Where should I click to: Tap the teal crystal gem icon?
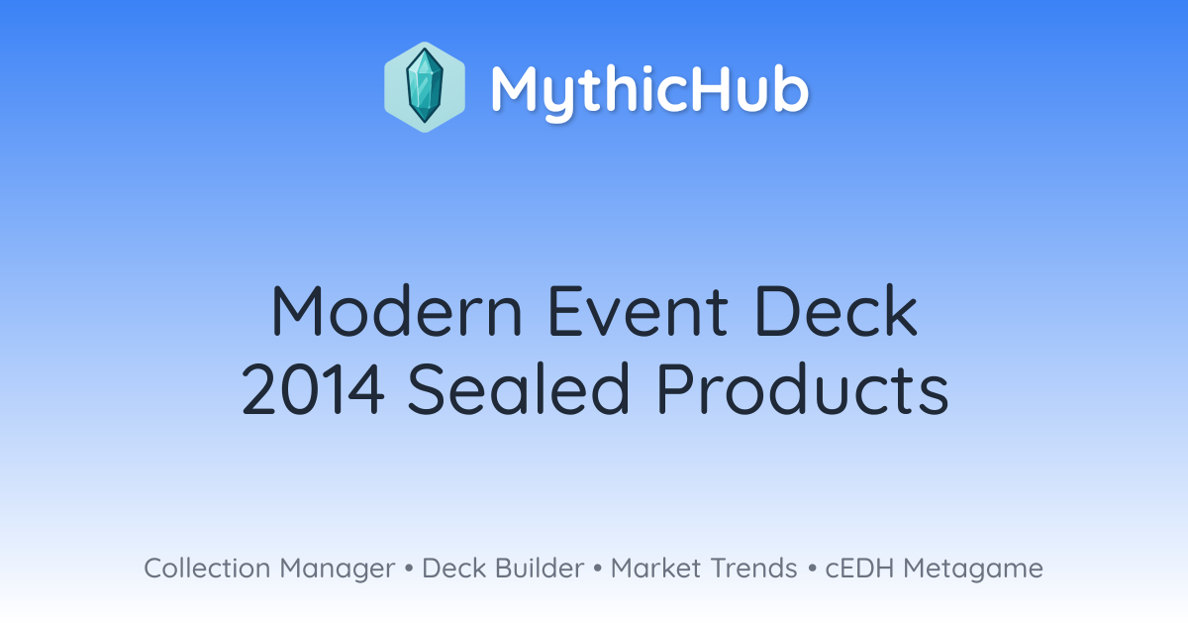click(425, 86)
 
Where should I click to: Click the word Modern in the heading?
click(396, 311)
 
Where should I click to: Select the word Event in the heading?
click(638, 311)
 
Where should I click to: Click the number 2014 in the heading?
click(313, 388)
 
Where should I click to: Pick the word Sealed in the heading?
click(518, 387)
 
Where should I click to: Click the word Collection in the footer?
click(207, 568)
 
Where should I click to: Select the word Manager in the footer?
click(338, 570)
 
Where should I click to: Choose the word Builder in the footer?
click(540, 568)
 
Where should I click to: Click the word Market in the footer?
click(655, 568)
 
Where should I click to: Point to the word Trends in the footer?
click(753, 568)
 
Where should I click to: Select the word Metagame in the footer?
click(973, 570)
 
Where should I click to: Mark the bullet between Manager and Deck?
click(409, 569)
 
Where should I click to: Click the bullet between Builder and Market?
click(598, 569)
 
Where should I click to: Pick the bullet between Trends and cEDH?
click(812, 569)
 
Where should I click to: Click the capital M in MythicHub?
click(517, 88)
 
